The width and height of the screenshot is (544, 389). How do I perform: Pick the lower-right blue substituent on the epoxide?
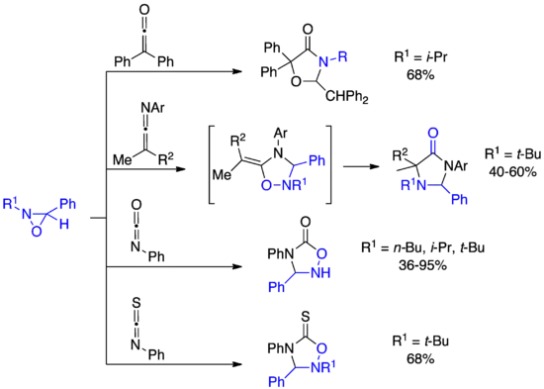(x=64, y=223)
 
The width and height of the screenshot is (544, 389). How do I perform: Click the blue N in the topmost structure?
(x=322, y=62)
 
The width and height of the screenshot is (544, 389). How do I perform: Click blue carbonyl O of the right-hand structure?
(x=431, y=130)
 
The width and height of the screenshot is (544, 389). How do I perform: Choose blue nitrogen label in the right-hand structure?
(x=407, y=183)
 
